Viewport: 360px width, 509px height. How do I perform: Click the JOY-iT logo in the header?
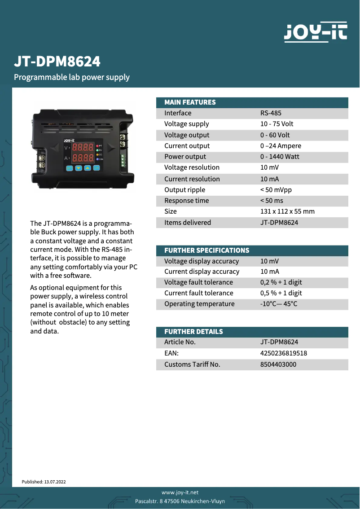coord(315,32)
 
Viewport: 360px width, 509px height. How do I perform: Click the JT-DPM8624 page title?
coord(57,61)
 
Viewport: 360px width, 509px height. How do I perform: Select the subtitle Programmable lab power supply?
coord(72,77)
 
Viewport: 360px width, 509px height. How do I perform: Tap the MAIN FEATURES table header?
coord(190,102)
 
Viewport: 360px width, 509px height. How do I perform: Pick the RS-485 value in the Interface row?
coord(271,113)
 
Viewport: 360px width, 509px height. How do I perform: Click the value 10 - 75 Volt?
coord(277,124)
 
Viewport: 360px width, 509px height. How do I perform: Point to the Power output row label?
coord(185,157)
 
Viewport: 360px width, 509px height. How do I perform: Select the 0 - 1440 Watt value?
coord(280,157)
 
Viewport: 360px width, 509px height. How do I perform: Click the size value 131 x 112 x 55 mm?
coord(287,211)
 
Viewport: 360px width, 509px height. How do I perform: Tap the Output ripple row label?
coord(184,190)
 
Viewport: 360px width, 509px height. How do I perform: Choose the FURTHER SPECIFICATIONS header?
coord(206,250)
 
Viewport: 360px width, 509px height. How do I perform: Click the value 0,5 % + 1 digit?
coord(281,293)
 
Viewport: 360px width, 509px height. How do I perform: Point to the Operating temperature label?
coord(199,304)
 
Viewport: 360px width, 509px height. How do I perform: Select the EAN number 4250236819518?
coord(284,353)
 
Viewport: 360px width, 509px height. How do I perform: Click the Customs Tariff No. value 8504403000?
coord(278,364)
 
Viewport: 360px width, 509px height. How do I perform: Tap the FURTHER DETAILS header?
coord(193,332)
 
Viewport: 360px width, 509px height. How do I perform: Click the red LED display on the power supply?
coord(83,153)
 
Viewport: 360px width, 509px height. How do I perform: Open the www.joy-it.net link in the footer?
coord(180,492)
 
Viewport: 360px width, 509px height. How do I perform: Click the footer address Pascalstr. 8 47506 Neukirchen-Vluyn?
coord(180,501)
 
